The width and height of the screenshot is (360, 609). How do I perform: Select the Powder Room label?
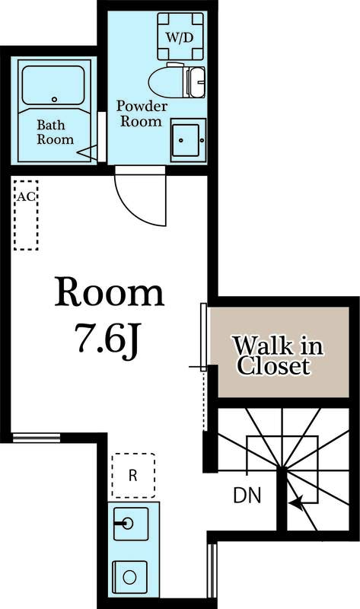(x=139, y=113)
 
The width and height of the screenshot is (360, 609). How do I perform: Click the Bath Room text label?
(x=56, y=132)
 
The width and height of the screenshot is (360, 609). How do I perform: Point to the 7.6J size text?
(x=109, y=338)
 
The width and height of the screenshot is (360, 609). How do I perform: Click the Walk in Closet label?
(x=277, y=356)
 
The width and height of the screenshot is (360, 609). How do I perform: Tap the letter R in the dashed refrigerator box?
(x=132, y=476)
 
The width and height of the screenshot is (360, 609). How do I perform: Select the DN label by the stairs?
(x=247, y=496)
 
